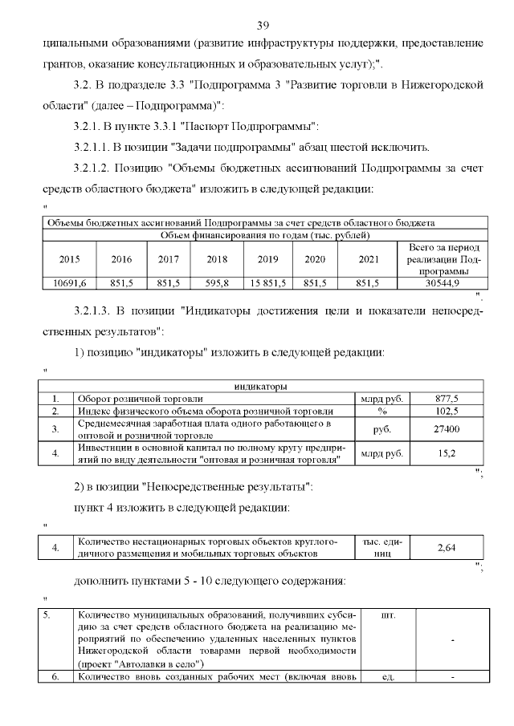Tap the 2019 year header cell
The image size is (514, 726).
267,260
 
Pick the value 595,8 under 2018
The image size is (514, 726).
218,283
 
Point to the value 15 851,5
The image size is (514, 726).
267,283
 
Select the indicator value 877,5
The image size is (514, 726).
447,398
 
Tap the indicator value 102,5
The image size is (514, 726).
447,411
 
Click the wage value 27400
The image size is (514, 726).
447,429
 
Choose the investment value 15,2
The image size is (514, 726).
447,453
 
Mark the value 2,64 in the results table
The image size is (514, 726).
447,547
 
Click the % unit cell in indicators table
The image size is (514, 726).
382,411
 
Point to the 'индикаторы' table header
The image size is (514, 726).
260,386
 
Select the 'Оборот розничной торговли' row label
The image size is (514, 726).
140,398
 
